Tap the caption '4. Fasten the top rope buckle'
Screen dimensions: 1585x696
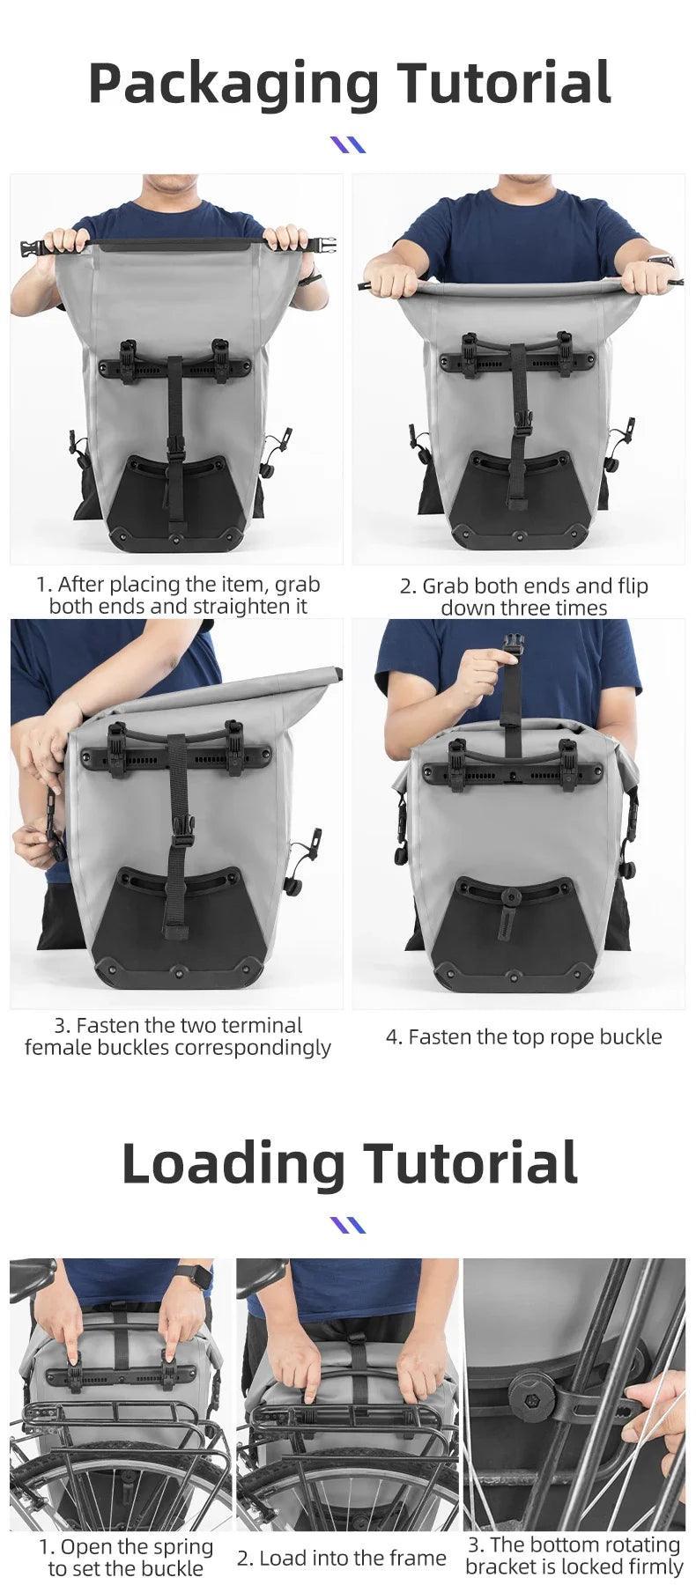coord(523,1036)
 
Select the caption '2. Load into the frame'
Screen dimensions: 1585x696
coord(342,1558)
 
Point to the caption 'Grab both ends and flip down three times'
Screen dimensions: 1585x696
coord(523,596)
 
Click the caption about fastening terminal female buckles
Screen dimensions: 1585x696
coord(178,1036)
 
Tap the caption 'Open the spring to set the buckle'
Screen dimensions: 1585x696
coord(125,1558)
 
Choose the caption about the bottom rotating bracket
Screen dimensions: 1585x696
coord(574,1555)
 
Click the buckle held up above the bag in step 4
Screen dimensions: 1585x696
coord(510,644)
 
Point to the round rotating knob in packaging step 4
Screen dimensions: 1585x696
coord(508,896)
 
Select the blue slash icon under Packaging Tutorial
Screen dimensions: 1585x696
coord(347,144)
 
